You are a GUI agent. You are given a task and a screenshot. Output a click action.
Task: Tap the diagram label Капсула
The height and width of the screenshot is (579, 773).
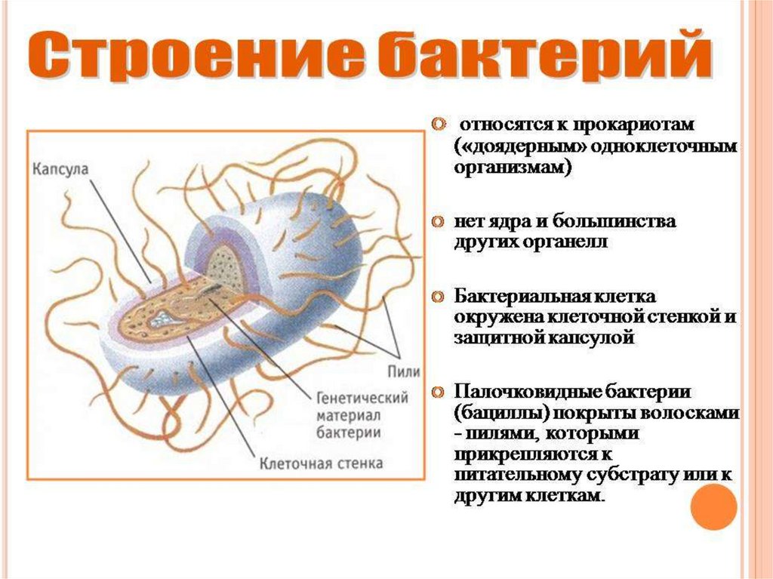[x=60, y=168]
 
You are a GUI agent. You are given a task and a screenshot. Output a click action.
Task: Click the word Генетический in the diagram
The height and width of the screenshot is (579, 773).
[x=362, y=397]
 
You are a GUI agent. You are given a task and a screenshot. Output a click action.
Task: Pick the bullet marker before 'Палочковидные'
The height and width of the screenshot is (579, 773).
[x=437, y=393]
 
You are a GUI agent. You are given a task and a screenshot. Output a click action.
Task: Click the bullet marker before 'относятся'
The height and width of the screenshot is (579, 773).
[x=437, y=123]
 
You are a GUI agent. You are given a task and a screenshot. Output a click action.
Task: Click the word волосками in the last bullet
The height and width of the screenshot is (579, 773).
[x=699, y=414]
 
